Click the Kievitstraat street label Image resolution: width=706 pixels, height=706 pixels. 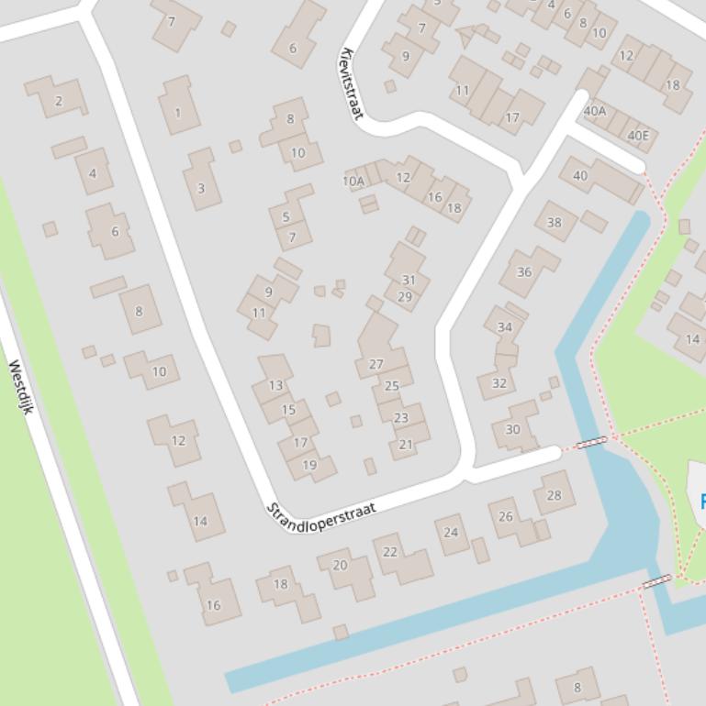[x=352, y=83]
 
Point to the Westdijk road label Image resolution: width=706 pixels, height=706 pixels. [x=20, y=386]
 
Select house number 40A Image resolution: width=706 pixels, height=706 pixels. [x=595, y=112]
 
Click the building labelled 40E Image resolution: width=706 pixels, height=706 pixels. [x=637, y=136]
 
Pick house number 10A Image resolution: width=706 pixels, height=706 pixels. [x=353, y=182]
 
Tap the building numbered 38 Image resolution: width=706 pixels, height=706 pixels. [x=554, y=222]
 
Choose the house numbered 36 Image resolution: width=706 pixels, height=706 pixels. [x=524, y=271]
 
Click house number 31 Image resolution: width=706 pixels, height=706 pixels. [x=409, y=281]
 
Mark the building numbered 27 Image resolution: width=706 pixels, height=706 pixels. [x=375, y=364]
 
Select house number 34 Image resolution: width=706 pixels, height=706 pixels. [x=504, y=327]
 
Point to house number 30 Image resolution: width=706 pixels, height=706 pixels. [x=512, y=429]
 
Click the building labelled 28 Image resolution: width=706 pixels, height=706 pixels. [x=554, y=495]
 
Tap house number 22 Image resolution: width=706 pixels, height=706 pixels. [x=390, y=552]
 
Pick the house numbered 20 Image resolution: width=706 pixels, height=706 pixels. [x=340, y=565]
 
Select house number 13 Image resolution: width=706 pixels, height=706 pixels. [x=275, y=385]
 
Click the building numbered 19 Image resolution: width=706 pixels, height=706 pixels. [x=309, y=465]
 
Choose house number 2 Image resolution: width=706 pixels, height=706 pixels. [x=59, y=101]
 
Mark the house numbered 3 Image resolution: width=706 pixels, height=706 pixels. [x=201, y=189]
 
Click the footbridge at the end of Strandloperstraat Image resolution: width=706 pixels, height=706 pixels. [x=591, y=443]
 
